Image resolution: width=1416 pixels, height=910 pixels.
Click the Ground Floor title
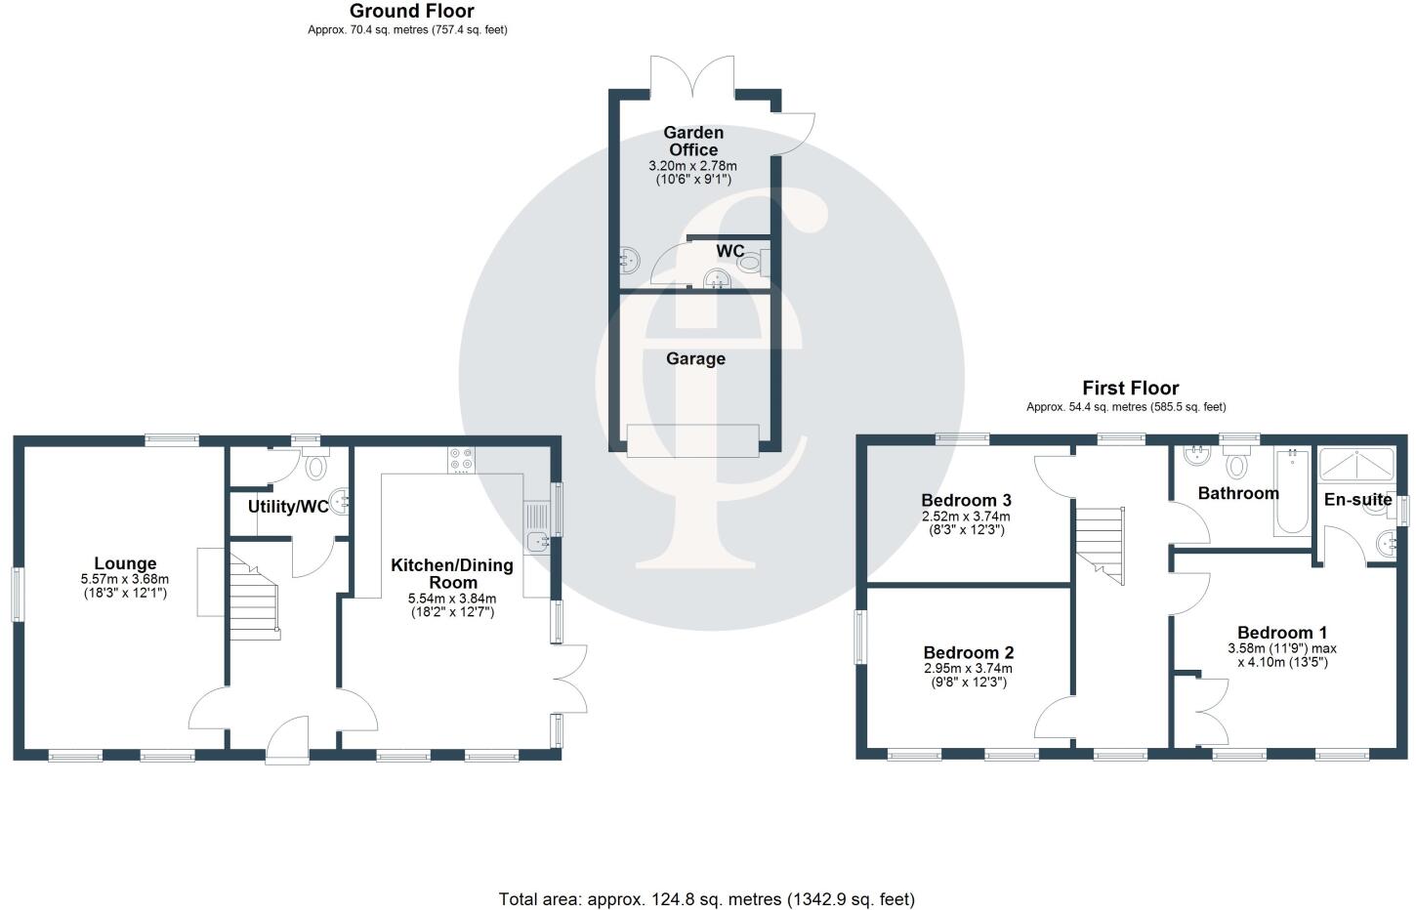pos(411,12)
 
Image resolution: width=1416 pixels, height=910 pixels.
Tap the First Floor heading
pos(1130,389)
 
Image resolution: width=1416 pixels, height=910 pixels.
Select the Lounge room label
pos(125,563)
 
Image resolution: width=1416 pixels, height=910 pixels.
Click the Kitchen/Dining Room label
pos(451,573)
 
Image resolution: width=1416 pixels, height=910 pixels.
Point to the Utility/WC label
pos(288,507)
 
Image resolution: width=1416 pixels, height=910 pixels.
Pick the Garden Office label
pos(693,141)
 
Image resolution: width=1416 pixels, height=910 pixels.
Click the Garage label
pos(695,358)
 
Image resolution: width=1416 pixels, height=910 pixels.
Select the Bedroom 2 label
pos(968,652)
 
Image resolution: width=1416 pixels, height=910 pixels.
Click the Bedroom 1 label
pos(1281,632)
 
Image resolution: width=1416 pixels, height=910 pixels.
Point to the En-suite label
pos(1357,500)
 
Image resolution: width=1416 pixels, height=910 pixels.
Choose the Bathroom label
pos(1238,493)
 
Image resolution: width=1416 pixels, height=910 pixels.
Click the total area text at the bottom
pos(706,898)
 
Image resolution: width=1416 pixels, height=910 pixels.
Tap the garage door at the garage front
pos(693,441)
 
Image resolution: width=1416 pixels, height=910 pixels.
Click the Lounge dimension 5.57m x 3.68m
pos(125,579)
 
